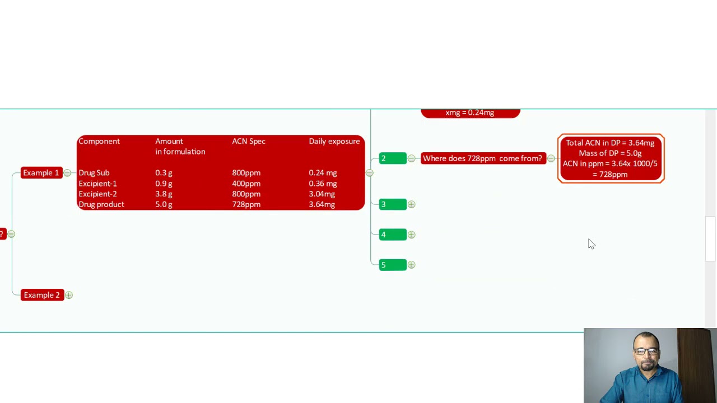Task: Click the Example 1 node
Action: click(x=41, y=173)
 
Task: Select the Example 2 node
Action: click(x=42, y=295)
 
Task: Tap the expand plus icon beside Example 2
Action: click(x=69, y=295)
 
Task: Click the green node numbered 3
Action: click(x=393, y=204)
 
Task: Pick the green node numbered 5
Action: click(x=393, y=265)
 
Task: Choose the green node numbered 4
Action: click(x=393, y=235)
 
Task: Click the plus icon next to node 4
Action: click(x=411, y=235)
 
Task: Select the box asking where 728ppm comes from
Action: click(x=483, y=158)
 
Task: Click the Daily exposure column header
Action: click(x=334, y=142)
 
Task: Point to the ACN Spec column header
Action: click(x=249, y=142)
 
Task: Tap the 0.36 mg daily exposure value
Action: click(x=323, y=184)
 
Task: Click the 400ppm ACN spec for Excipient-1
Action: click(x=246, y=184)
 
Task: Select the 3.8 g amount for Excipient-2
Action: click(x=164, y=194)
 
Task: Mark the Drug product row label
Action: click(x=101, y=204)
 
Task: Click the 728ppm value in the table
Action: click(x=246, y=204)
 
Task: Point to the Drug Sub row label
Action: click(x=94, y=173)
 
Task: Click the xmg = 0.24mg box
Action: click(x=470, y=113)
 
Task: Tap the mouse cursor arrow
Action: click(x=591, y=243)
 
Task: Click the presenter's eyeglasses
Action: click(x=646, y=351)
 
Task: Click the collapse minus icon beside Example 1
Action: click(x=67, y=173)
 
